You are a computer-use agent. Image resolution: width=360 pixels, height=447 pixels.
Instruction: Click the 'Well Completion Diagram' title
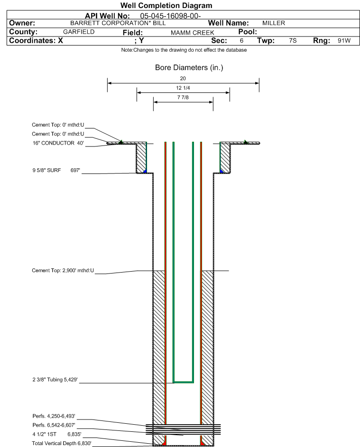166,5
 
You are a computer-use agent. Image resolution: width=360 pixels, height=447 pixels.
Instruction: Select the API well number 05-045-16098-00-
170,16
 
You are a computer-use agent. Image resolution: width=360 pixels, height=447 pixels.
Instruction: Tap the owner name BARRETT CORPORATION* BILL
118,23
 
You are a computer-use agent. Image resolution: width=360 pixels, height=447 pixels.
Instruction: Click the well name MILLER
274,23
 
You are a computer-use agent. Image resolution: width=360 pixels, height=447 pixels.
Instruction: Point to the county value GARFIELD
79,32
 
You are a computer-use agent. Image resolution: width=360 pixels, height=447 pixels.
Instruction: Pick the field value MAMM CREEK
192,33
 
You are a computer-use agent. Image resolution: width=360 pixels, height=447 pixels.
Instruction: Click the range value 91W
344,40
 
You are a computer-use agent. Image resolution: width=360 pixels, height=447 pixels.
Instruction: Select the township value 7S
293,40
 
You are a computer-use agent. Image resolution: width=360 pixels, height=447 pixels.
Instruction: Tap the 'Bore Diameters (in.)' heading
189,68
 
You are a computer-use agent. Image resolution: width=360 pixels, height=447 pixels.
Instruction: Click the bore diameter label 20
183,78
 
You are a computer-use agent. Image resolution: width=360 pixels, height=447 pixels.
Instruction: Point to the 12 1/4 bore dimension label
183,88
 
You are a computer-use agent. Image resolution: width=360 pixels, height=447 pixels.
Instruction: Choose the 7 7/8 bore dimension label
183,97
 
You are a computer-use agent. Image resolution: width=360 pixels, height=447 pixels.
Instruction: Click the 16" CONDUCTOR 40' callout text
58,143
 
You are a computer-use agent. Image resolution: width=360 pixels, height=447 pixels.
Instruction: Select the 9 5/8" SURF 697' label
56,171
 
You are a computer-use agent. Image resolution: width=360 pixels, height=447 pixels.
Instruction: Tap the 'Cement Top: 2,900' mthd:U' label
63,270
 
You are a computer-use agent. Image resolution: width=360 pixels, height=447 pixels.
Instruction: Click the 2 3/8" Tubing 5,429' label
55,380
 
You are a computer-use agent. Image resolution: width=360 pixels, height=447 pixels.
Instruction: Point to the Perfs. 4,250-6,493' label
54,416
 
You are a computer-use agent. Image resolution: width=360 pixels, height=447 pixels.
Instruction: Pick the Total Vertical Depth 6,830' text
62,443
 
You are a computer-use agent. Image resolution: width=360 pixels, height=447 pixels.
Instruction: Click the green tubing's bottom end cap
184,382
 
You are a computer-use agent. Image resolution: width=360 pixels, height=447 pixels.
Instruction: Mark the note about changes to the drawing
184,50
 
